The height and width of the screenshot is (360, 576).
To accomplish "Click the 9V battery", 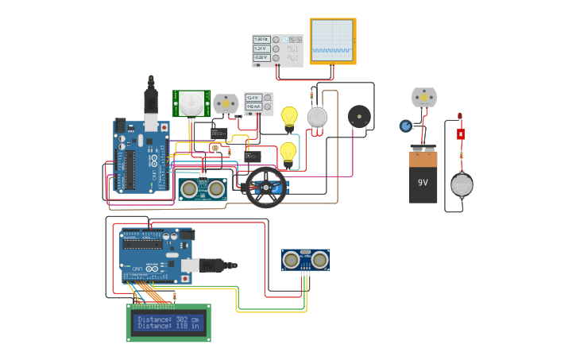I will point(423,178).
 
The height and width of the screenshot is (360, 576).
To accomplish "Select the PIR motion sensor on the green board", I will point(191,103).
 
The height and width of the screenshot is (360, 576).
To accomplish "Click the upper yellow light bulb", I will point(289,117).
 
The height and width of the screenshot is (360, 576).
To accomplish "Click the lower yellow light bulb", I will point(288,151).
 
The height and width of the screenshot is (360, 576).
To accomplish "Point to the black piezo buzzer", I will point(359,117).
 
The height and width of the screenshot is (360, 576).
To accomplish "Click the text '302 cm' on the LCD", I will point(189,319).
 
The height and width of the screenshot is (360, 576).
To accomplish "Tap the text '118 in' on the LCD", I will point(189,326).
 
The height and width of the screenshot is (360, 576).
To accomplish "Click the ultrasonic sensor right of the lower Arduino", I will point(305,259).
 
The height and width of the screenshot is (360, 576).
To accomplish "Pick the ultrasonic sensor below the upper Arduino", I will point(202,188).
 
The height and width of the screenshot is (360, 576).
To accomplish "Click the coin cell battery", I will point(462,185).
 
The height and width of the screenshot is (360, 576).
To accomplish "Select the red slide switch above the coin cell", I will point(460,134).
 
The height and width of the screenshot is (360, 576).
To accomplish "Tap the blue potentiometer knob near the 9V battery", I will point(406,126).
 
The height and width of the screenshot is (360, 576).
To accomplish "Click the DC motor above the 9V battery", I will point(423,97).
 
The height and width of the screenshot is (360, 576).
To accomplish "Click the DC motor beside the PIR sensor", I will point(226,103).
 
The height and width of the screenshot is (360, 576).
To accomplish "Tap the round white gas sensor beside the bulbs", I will point(317,118).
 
